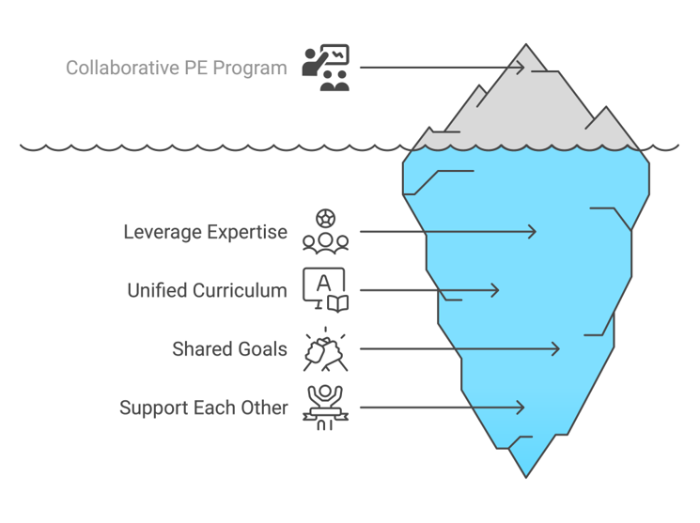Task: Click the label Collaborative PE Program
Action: (x=177, y=69)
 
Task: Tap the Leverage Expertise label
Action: (x=206, y=233)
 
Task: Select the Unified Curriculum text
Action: (x=207, y=290)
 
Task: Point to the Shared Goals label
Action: (x=229, y=349)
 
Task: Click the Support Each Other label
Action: (x=204, y=408)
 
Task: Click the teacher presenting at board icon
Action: (x=325, y=68)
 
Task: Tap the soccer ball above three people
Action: (x=325, y=219)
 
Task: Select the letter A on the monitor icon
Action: (x=323, y=284)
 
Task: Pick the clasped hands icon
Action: (x=325, y=349)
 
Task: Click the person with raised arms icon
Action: (x=325, y=408)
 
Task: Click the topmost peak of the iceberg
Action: (x=526, y=44)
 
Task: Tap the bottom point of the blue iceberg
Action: (x=526, y=478)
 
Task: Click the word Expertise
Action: (x=247, y=233)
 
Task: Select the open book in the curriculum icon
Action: (x=338, y=304)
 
